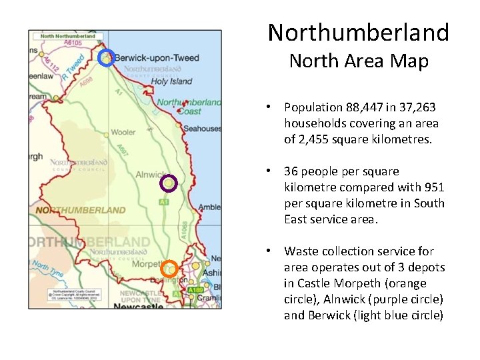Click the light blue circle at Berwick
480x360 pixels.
pyautogui.click(x=106, y=58)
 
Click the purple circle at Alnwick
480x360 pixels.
pyautogui.click(x=169, y=183)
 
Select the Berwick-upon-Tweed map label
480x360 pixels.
pyautogui.click(x=157, y=58)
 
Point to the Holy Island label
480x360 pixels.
pyautogui.click(x=171, y=81)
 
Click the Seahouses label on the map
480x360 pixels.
pyautogui.click(x=202, y=129)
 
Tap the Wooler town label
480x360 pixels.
pyautogui.click(x=123, y=132)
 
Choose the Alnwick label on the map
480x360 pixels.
pyautogui.click(x=150, y=175)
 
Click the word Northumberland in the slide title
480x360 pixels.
pyautogui.click(x=358, y=33)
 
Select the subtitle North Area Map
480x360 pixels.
pyautogui.click(x=358, y=61)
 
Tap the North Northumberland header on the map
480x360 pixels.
pyautogui.click(x=67, y=35)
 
